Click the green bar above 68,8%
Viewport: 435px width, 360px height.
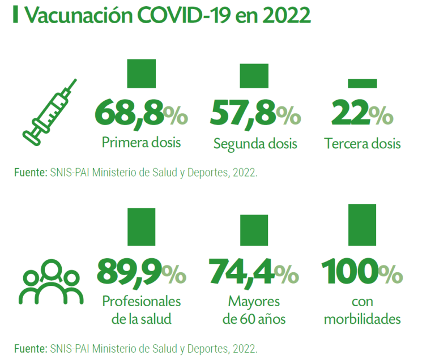tap(142, 74)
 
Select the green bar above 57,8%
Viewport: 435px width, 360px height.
tap(254, 76)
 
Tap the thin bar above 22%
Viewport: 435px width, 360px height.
tap(362, 83)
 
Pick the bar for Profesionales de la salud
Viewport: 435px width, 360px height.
tap(142, 228)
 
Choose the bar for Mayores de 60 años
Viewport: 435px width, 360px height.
tap(254, 231)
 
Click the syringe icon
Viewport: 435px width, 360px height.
tap(50, 110)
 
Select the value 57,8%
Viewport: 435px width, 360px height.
tap(255, 113)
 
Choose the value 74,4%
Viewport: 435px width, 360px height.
tap(254, 273)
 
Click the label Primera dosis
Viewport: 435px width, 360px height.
tap(142, 142)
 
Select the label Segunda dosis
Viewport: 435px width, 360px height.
tap(255, 144)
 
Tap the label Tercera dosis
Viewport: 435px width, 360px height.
tap(362, 144)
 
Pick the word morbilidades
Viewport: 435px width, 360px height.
tap(362, 319)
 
